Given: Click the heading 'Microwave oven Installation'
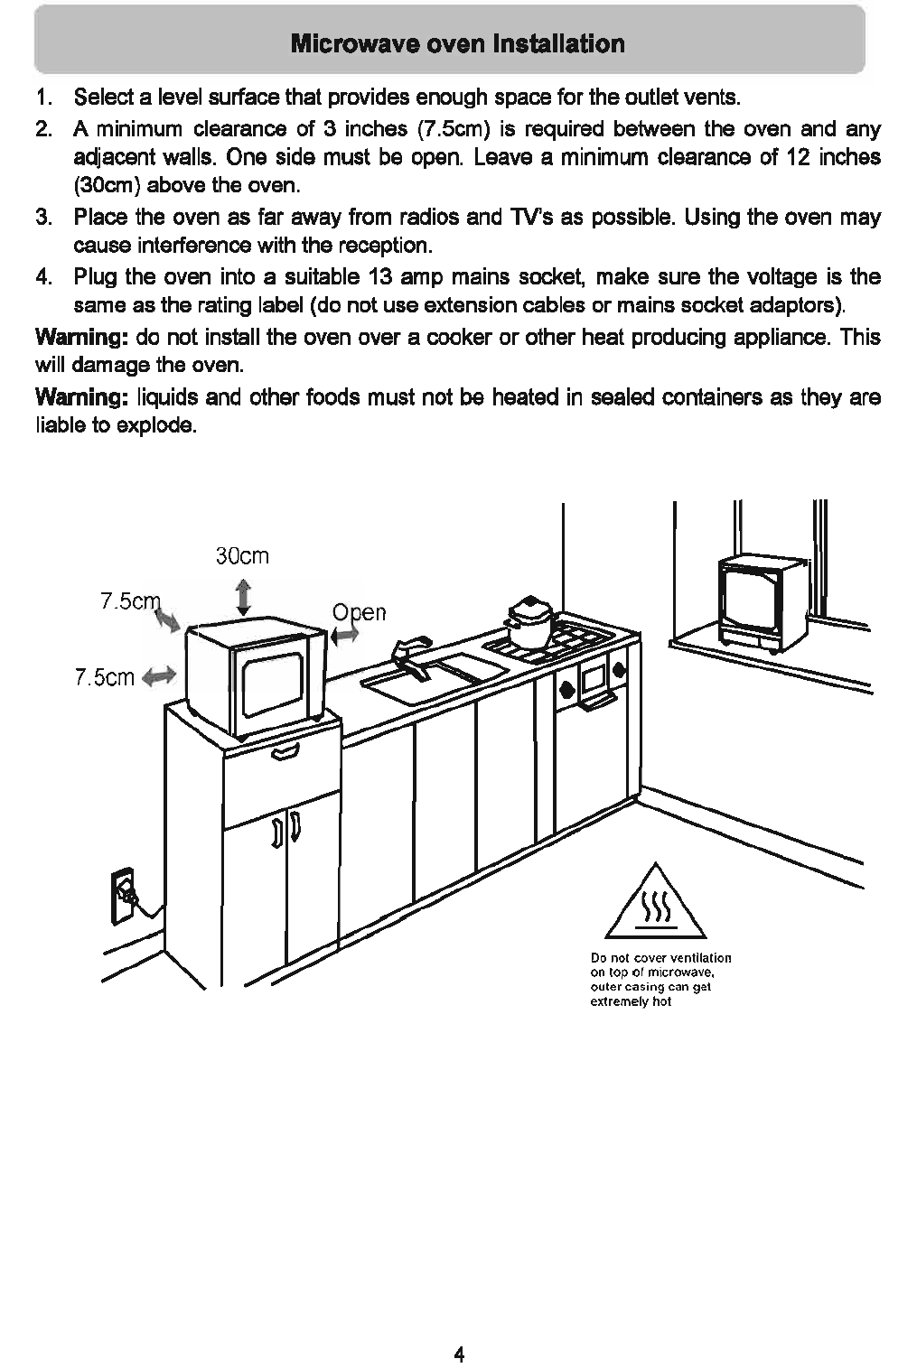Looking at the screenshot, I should coord(457,43).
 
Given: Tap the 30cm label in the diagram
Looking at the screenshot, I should coord(242,555).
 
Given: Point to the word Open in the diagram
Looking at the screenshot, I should coord(359,612).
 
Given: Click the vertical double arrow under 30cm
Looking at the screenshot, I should coord(243,598).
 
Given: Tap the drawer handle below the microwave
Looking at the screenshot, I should coord(285,750).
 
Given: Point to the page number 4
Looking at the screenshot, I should coord(459,1354).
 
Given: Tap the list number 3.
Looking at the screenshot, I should coord(42,218).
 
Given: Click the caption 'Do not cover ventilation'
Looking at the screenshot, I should coord(660,957).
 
